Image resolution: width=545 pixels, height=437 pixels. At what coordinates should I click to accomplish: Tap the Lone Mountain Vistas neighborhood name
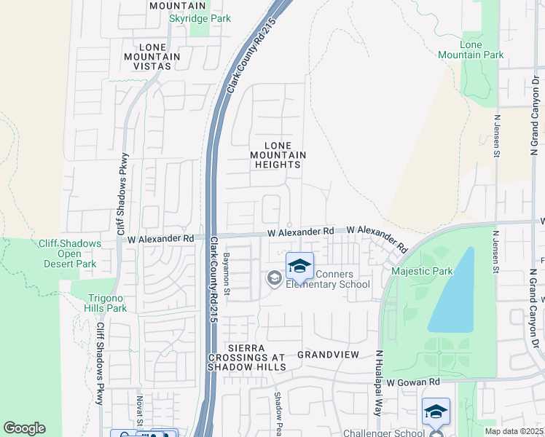point(152,57)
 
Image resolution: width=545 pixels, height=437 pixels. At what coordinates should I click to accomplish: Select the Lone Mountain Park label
point(471,50)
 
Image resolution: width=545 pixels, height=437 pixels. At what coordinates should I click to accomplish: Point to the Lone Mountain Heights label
point(278,155)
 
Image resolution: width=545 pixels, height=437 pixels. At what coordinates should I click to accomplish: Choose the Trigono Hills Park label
point(107,303)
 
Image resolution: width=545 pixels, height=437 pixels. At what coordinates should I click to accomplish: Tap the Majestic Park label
point(422,272)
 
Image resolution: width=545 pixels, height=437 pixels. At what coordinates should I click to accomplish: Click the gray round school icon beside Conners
point(274,277)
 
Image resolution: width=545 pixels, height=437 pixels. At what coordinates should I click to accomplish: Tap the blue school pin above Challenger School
point(436,412)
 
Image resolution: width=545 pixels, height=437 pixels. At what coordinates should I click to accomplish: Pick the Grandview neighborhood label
point(329,355)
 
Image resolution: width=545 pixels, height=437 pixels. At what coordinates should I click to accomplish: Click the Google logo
point(24,428)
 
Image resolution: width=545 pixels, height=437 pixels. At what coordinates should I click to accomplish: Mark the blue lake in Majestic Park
point(452,291)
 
